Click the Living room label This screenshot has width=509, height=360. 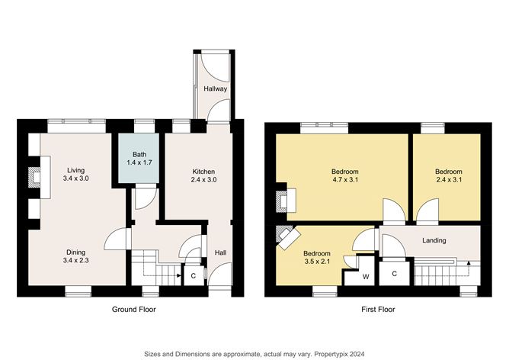coord(75,170)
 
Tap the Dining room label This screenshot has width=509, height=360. coord(75,252)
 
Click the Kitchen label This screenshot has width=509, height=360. coord(203,171)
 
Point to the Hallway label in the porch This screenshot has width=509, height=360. coord(216,89)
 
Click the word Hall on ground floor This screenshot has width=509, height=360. coord(219,252)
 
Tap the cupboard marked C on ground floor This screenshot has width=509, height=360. coord(193,275)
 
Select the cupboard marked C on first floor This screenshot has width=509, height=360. coord(394,273)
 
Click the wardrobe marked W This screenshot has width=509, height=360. coord(367,275)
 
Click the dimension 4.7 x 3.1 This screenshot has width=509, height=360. coord(344,180)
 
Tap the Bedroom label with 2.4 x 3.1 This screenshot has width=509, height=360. coord(448,172)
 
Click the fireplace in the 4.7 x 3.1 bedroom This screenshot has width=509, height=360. coord(284,201)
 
